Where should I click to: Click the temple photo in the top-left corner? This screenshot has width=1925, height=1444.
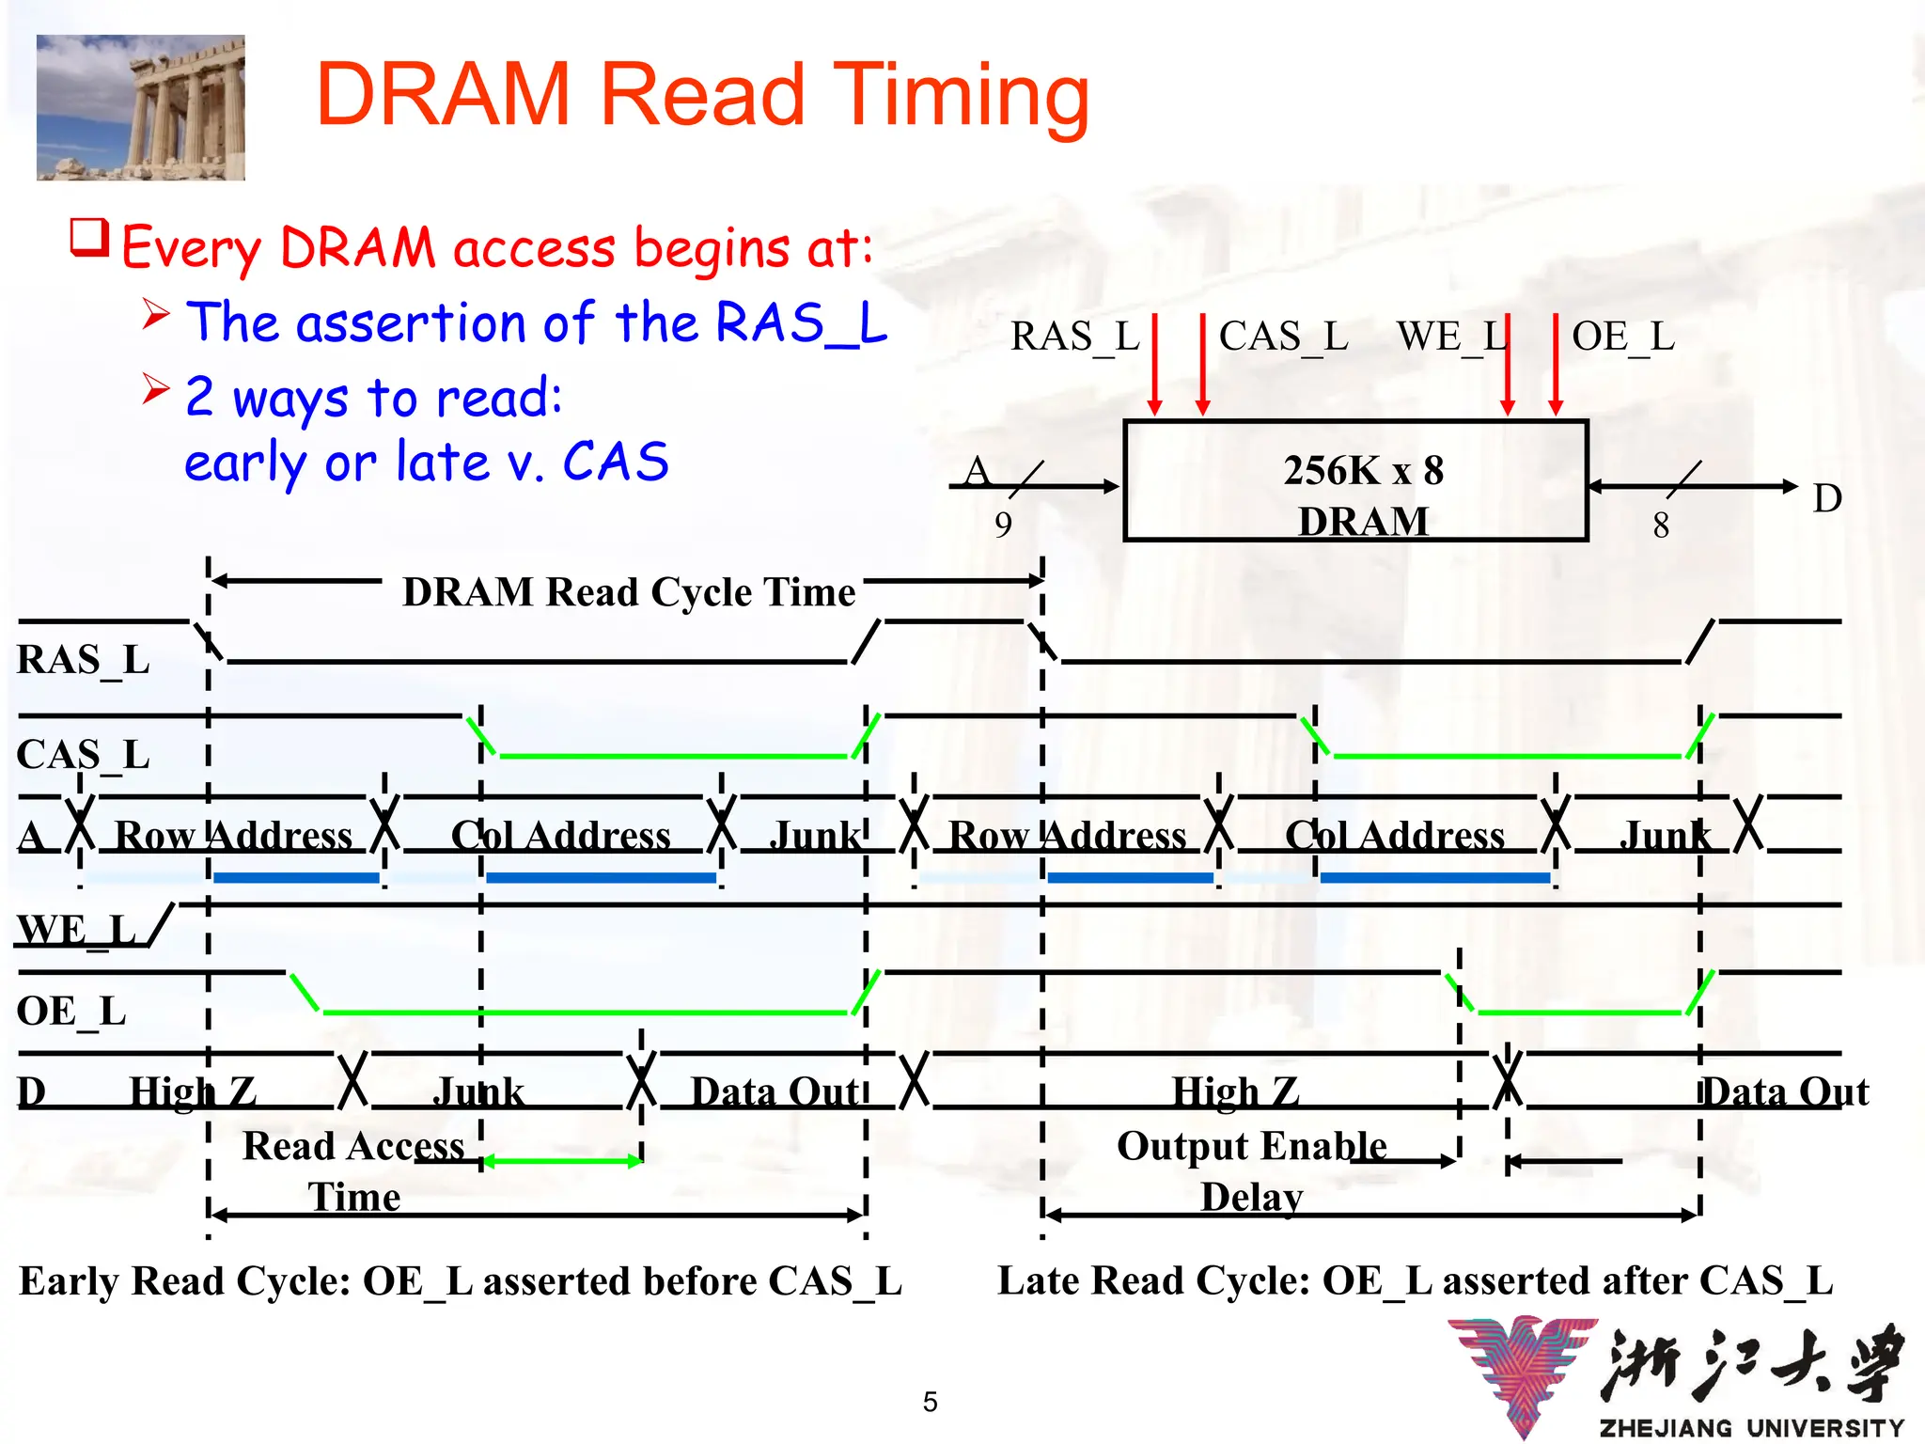(x=141, y=107)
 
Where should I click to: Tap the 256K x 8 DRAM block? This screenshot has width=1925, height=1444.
(x=1355, y=481)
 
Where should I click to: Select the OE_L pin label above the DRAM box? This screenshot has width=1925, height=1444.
(x=1623, y=337)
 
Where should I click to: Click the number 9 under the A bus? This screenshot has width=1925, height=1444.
(x=1003, y=525)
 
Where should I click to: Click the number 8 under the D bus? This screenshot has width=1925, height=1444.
(x=1661, y=526)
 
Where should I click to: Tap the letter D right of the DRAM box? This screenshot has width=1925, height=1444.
(x=1826, y=498)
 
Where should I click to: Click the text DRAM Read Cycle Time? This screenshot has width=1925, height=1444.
(x=629, y=592)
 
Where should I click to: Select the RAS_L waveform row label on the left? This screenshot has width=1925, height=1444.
(x=83, y=660)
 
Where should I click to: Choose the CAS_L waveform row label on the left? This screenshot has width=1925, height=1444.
(x=83, y=755)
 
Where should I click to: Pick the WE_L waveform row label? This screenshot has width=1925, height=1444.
(x=77, y=930)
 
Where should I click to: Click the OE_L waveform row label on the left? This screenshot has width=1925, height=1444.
(x=71, y=1012)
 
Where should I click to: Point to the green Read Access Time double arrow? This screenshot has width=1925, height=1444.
(x=562, y=1162)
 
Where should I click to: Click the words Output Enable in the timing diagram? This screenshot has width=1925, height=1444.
(x=1251, y=1146)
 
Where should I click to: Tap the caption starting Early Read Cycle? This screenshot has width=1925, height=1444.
(x=461, y=1281)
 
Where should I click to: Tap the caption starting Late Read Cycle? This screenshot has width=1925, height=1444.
(x=1415, y=1281)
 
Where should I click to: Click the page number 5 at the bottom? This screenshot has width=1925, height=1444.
(x=930, y=1402)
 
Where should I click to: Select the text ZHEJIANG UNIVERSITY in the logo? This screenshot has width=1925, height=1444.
(x=1751, y=1427)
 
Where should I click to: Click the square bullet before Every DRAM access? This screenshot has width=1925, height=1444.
(x=90, y=239)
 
